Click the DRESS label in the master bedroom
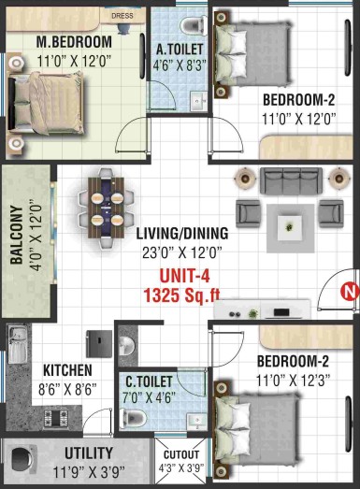pyautogui.click(x=122, y=16)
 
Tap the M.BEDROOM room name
pyautogui.click(x=74, y=42)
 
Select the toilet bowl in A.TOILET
pyautogui.click(x=193, y=24)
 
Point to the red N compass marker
pyautogui.click(x=350, y=292)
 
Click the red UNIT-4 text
pyautogui.click(x=184, y=276)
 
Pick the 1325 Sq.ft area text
pyautogui.click(x=181, y=295)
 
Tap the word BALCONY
pyautogui.click(x=17, y=235)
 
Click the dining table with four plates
pyautogui.click(x=106, y=209)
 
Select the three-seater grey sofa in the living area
pyautogui.click(x=291, y=181)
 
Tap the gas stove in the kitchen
pyautogui.click(x=56, y=418)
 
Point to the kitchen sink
pyautogui.click(x=18, y=345)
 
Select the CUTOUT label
pyautogui.click(x=181, y=454)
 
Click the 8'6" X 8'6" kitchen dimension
pyautogui.click(x=67, y=389)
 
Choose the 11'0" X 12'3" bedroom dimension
pyautogui.click(x=293, y=381)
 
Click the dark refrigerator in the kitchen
pyautogui.click(x=99, y=344)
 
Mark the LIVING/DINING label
pyautogui.click(x=182, y=234)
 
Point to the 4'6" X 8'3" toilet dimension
pyautogui.click(x=180, y=65)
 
